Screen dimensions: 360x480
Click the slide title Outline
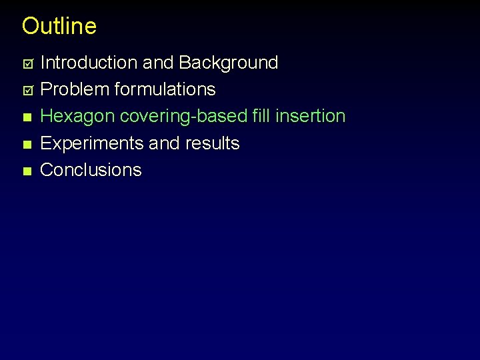point(59,26)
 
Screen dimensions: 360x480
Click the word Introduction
point(89,63)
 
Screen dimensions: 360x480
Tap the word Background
point(229,63)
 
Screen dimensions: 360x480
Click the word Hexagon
point(78,117)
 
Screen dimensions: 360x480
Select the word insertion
point(310,116)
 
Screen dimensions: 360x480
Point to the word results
point(214,143)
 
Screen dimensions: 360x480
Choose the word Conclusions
point(91,170)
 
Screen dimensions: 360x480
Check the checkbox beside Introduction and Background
point(27,63)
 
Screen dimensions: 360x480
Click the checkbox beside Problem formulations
point(27,90)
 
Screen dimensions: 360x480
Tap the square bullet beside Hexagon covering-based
point(27,117)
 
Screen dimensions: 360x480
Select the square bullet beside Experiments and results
point(27,144)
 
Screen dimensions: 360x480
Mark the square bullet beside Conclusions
point(27,171)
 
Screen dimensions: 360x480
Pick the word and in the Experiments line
point(167,143)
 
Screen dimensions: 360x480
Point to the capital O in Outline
point(30,26)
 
